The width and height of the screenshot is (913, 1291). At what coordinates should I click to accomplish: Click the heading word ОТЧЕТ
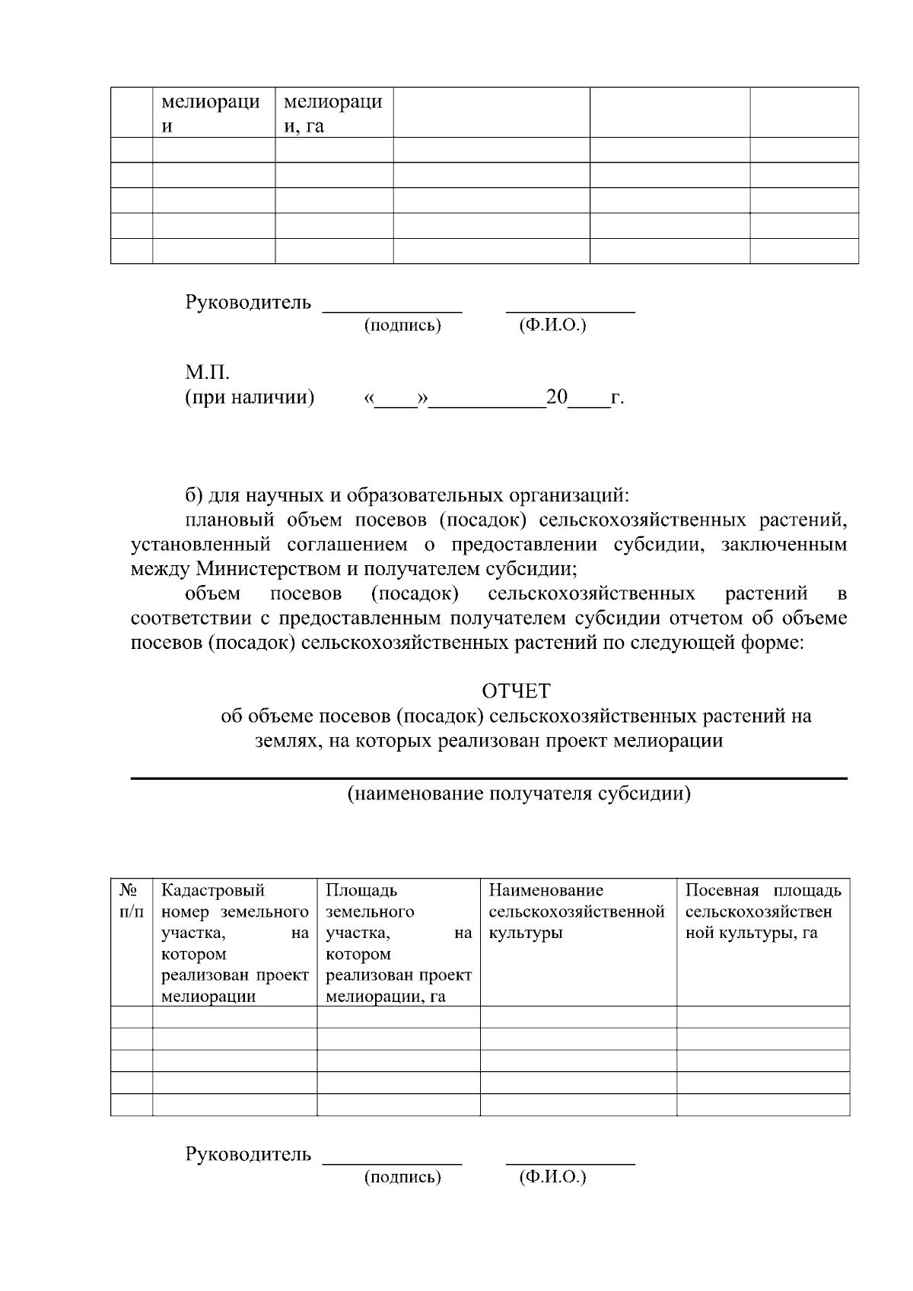(515, 691)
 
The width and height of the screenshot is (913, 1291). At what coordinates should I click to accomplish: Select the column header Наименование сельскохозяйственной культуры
(577, 911)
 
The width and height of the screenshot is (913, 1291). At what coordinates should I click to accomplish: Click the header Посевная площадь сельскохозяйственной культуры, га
(762, 911)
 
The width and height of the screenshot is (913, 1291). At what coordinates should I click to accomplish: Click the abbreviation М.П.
(208, 373)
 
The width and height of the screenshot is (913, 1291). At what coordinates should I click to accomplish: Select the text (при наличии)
(250, 397)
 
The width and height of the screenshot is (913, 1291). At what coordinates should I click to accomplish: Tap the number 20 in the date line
(556, 397)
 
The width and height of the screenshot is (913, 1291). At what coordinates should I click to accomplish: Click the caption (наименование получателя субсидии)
(519, 794)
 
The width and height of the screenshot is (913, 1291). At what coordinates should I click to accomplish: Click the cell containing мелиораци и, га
(332, 113)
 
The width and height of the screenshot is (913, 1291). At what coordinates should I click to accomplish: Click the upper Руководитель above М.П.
(248, 302)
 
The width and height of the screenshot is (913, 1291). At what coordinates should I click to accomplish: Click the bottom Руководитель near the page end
(248, 1154)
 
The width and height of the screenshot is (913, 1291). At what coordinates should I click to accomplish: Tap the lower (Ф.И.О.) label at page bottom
(552, 1178)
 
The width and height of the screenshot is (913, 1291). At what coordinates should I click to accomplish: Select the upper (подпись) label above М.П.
(402, 326)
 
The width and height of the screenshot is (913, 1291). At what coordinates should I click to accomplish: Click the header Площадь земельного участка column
(398, 943)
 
